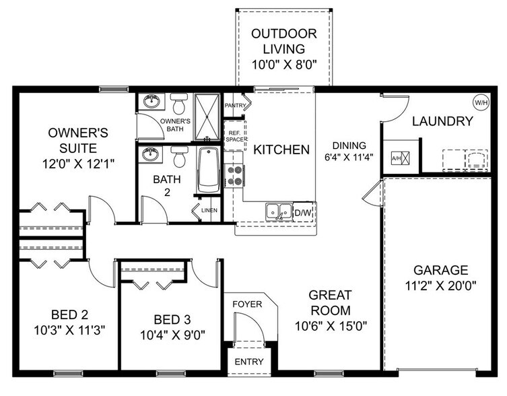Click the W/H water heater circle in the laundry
[x=481, y=103]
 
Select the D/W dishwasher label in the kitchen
[x=303, y=213]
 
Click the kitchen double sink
[x=278, y=211]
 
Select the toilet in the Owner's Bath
[x=178, y=105]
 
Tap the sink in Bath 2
[x=151, y=155]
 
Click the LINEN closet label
[x=209, y=211]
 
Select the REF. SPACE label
[x=233, y=136]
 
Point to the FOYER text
[x=247, y=304]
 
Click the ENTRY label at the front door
[x=248, y=362]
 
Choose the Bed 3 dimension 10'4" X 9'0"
[x=172, y=333]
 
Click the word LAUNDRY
[x=442, y=121]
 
